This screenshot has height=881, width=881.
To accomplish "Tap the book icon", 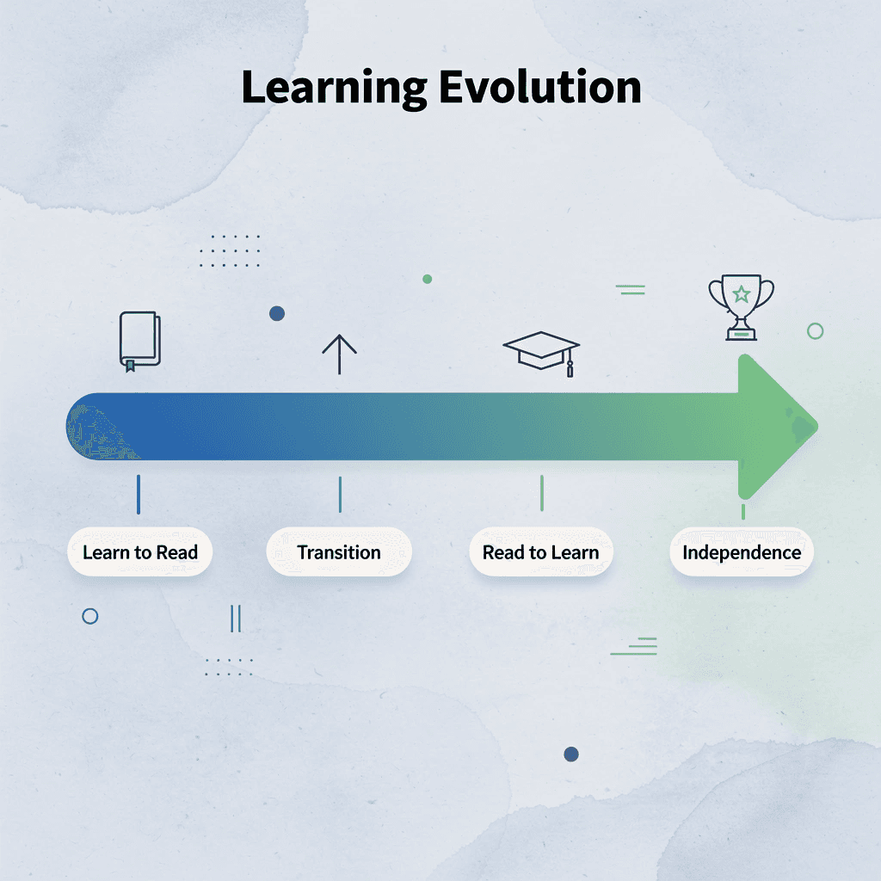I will pos(139,341).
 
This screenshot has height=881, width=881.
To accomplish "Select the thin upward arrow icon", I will pos(339,354).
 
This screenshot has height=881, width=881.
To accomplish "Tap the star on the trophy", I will pos(741,295).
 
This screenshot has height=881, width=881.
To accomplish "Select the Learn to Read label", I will pos(140,552).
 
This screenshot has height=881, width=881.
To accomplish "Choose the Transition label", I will pos(339,552).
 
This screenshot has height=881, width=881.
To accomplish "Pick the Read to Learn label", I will pos(540,552).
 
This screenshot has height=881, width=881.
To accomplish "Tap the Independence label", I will pos(742,552).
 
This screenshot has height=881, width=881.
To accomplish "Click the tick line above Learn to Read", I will pos(139,495).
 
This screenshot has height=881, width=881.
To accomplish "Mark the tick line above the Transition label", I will pos(340,495).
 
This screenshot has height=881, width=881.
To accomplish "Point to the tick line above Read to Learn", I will pos(541,493).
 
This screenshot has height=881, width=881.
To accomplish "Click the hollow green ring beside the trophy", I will pos(815,331).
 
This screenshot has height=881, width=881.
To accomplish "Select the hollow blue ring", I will pos(89,616).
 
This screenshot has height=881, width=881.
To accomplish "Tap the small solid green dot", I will pos(427,279).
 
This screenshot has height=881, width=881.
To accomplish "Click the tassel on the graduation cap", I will pos(570,367).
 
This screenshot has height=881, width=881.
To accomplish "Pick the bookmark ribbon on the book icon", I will pos(130,366).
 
